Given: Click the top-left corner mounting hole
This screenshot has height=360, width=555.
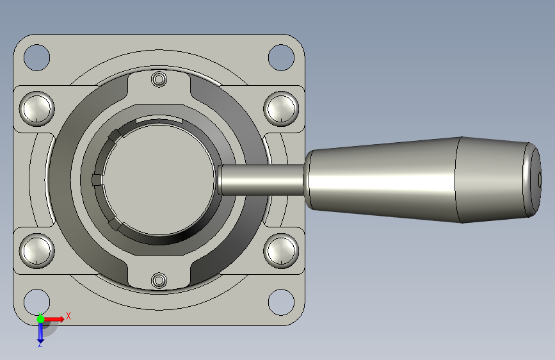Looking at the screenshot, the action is [x=37, y=58].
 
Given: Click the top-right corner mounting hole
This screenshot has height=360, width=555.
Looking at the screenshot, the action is [x=282, y=58].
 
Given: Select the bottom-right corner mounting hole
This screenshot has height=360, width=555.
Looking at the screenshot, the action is [x=282, y=302].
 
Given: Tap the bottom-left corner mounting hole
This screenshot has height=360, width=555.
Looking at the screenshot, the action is [x=37, y=302].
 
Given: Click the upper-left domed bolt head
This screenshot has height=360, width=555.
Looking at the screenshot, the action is [x=37, y=109].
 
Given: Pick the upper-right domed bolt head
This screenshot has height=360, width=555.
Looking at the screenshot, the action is [x=282, y=109].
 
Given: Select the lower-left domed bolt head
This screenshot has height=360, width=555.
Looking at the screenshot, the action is [x=37, y=251].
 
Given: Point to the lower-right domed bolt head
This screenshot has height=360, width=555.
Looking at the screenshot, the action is [x=282, y=251].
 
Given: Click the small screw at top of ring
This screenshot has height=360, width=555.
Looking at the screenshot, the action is [x=159, y=79].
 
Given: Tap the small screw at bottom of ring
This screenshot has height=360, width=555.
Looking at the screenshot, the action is [x=159, y=281].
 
